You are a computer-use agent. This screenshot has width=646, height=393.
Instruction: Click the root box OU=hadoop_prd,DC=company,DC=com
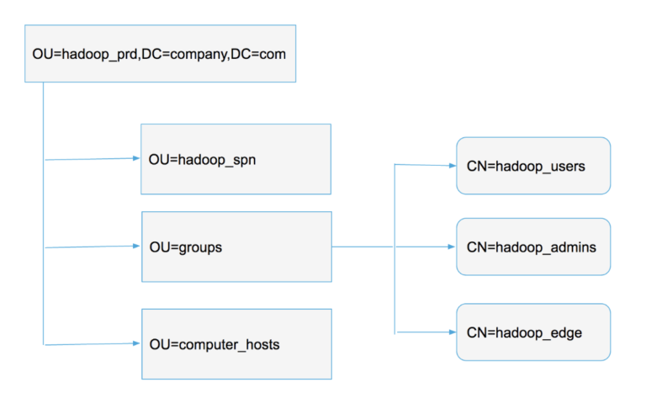pyautogui.click(x=160, y=53)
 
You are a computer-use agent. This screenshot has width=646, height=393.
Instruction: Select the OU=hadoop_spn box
pyautogui.click(x=236, y=159)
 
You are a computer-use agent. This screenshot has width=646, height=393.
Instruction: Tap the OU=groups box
pyautogui.click(x=236, y=247)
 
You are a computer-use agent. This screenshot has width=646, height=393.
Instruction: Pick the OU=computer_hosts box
pyautogui.click(x=236, y=343)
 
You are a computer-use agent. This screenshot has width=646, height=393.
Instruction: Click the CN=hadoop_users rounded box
pyautogui.click(x=532, y=166)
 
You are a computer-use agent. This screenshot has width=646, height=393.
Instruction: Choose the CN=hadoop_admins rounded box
pyautogui.click(x=532, y=247)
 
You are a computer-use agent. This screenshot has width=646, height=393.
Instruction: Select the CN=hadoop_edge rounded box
pyautogui.click(x=532, y=332)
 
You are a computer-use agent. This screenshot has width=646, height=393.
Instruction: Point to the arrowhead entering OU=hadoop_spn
pyautogui.click(x=136, y=158)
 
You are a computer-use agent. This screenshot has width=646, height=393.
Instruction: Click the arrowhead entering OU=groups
pyautogui.click(x=136, y=247)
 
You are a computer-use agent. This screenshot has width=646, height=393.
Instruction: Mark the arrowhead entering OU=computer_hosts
pyautogui.click(x=136, y=343)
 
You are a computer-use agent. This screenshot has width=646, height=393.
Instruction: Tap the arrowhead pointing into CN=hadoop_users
pyautogui.click(x=452, y=165)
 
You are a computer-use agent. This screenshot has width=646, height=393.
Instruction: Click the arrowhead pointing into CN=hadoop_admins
pyautogui.click(x=452, y=247)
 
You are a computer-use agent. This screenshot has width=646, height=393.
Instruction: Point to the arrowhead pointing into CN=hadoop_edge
pyautogui.click(x=452, y=332)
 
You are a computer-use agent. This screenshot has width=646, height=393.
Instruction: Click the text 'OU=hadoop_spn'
pyautogui.click(x=202, y=160)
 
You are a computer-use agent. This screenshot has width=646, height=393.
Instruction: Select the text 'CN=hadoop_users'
pyautogui.click(x=526, y=167)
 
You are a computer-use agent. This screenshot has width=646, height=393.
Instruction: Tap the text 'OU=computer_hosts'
pyautogui.click(x=214, y=345)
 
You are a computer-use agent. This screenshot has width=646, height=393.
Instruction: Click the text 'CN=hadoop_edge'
pyautogui.click(x=524, y=333)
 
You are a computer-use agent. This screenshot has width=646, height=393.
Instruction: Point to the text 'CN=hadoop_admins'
pyautogui.click(x=532, y=247)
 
